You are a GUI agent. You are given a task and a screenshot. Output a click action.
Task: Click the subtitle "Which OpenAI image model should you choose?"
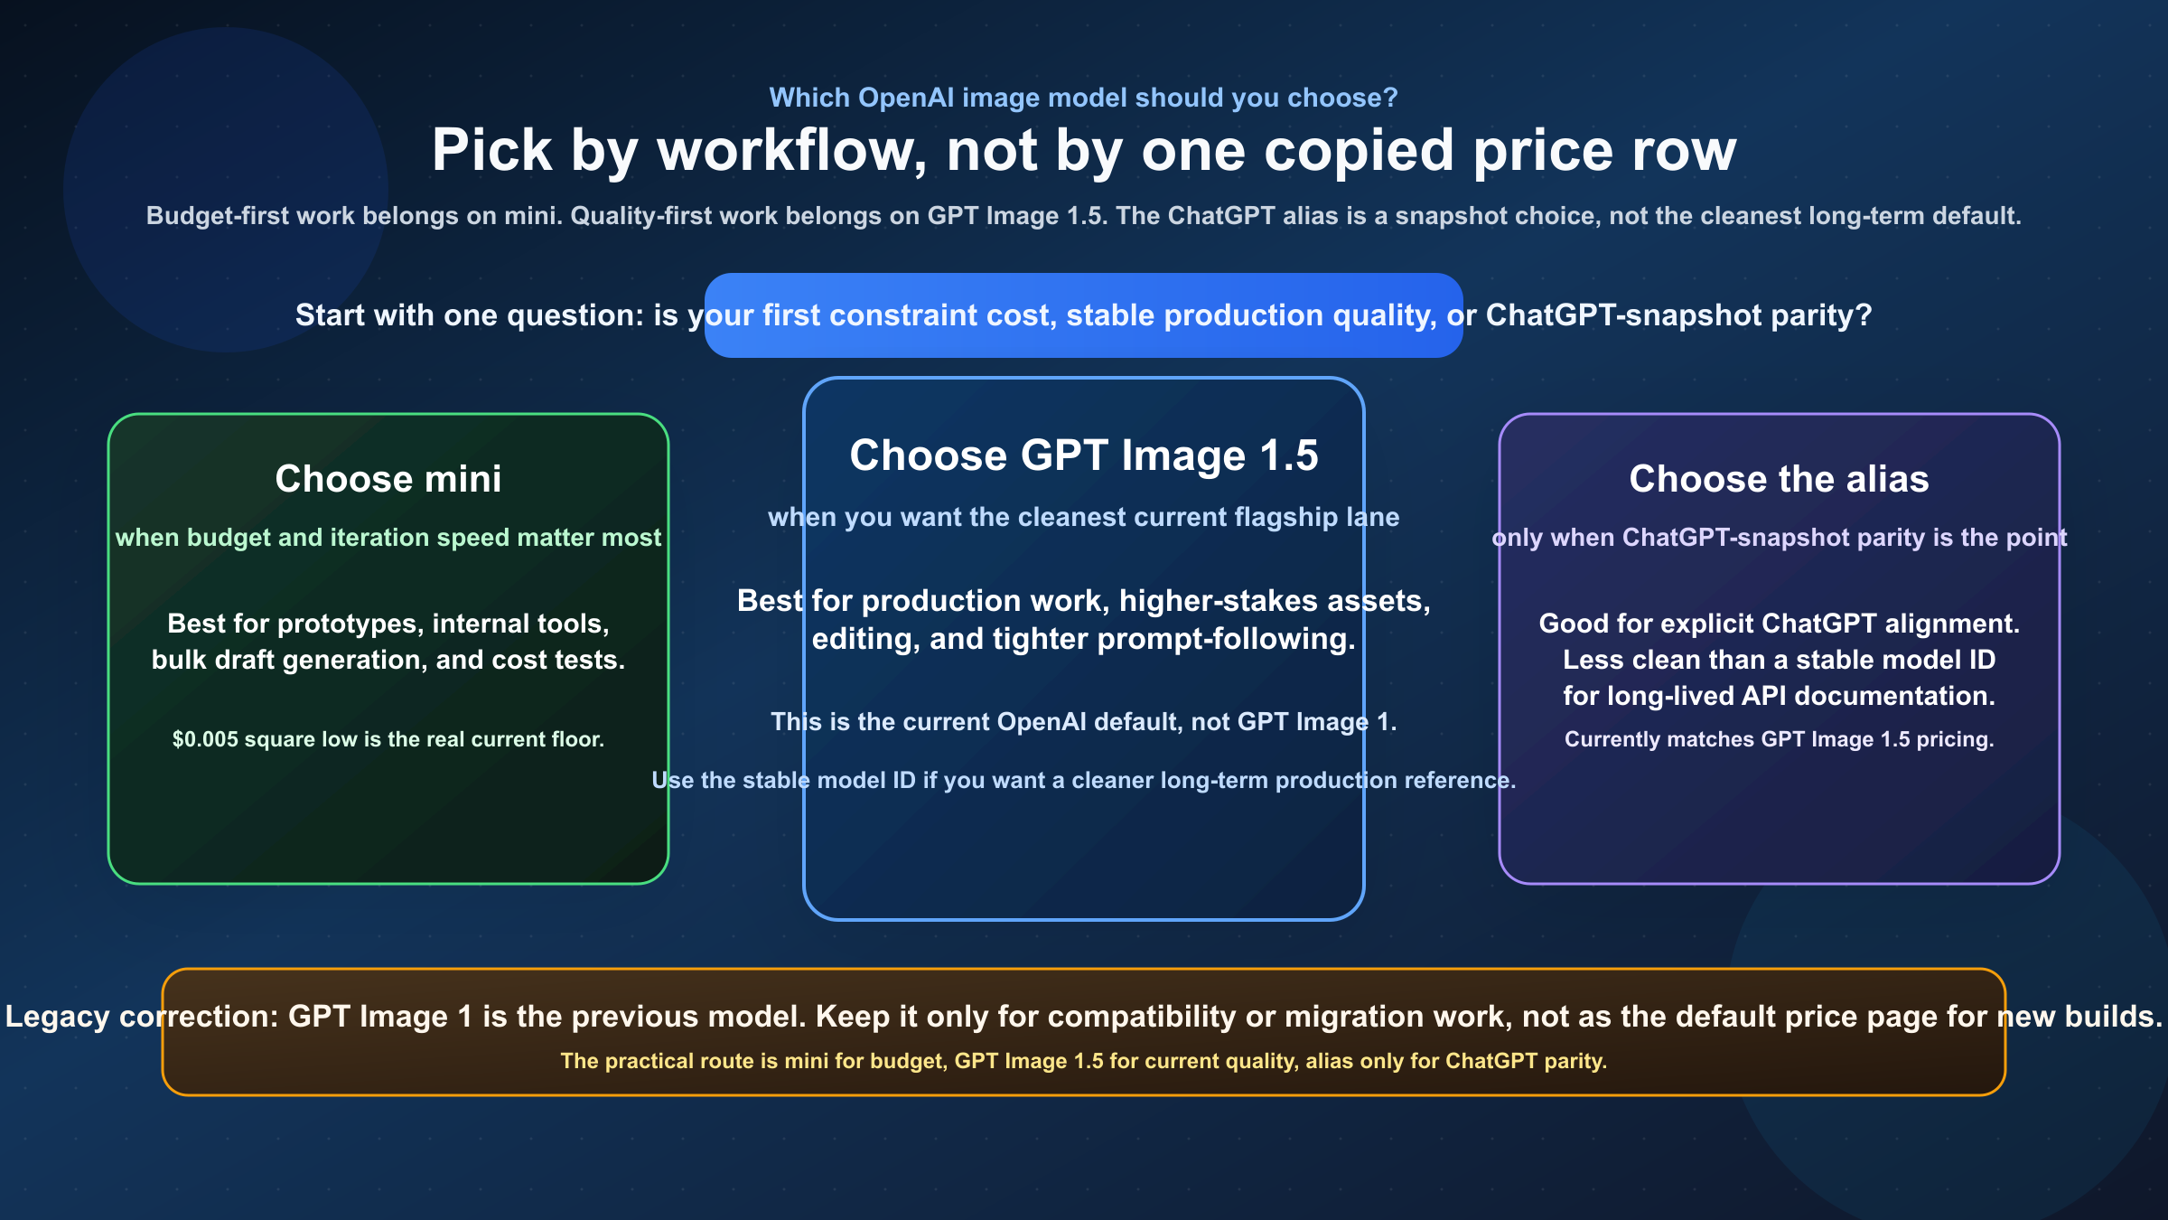[1083, 98]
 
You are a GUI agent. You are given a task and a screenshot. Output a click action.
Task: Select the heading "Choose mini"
[388, 479]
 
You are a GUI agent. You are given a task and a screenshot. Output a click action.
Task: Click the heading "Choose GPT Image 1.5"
[1083, 455]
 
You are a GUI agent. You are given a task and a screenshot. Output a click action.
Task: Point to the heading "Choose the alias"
[1779, 479]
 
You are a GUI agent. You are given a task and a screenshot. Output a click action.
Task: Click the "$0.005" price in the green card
[205, 739]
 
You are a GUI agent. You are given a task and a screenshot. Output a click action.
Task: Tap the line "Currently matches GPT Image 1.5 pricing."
[1779, 739]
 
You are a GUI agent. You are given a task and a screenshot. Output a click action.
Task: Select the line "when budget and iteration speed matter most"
[388, 538]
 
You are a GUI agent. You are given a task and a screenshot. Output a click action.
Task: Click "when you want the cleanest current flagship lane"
[1083, 517]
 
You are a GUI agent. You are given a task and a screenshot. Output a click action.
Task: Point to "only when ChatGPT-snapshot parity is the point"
[1779, 538]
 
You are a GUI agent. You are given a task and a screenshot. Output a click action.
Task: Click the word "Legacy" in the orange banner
[57, 1017]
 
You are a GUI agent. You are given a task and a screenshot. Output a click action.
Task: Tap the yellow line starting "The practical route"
[1083, 1061]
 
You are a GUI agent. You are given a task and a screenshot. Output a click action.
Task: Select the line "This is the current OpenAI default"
[1083, 722]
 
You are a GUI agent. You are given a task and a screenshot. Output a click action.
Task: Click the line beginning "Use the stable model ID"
[1083, 780]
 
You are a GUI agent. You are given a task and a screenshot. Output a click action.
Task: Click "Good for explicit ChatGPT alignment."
[1779, 624]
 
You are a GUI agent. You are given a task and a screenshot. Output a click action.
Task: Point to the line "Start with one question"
[1083, 315]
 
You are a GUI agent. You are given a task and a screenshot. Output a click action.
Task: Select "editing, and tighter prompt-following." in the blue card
[1083, 639]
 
